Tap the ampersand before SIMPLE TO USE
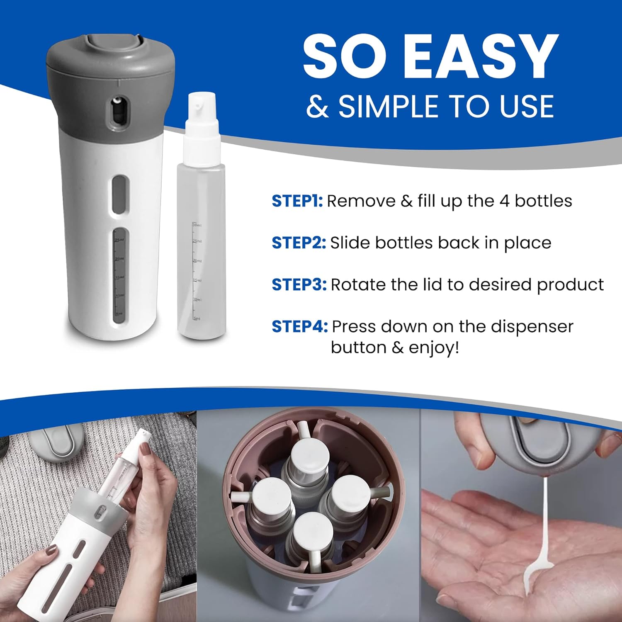[x=317, y=106]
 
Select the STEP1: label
[x=297, y=201]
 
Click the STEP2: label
[x=299, y=243]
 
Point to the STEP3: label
[x=299, y=285]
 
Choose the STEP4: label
[x=299, y=327]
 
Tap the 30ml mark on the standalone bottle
[x=197, y=225]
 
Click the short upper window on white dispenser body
[x=120, y=194]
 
